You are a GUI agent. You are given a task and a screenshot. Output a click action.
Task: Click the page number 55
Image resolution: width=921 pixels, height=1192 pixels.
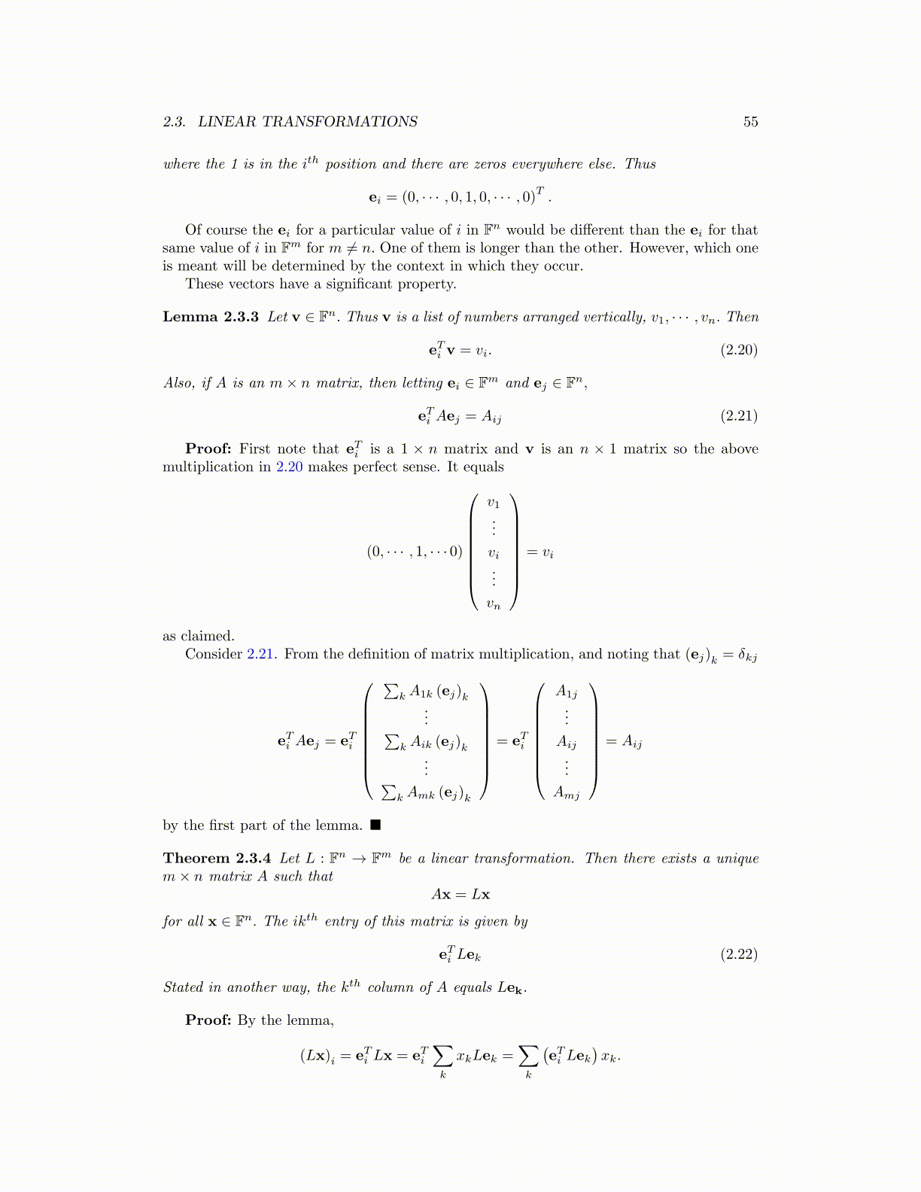click(x=750, y=122)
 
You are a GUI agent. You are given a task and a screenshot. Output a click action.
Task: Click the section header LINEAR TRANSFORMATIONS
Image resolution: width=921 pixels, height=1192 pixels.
click(x=307, y=122)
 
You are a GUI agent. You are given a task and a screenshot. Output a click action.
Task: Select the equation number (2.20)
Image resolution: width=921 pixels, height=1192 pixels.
click(x=739, y=350)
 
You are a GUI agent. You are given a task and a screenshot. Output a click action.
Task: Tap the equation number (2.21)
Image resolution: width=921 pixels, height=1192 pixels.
click(x=739, y=416)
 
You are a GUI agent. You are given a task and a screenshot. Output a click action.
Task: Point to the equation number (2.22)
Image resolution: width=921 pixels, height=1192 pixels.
click(x=739, y=955)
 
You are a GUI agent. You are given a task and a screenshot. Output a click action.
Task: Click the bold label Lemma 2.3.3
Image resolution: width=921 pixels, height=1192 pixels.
click(x=211, y=317)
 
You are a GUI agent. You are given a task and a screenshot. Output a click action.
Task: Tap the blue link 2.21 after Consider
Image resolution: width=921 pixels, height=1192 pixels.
click(x=260, y=655)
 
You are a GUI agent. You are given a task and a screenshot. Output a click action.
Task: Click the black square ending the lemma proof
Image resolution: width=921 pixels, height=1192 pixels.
click(x=375, y=826)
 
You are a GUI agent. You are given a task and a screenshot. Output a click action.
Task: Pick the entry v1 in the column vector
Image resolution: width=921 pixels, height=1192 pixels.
click(x=493, y=503)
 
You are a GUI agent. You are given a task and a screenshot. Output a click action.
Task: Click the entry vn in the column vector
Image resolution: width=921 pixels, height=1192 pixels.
click(x=493, y=604)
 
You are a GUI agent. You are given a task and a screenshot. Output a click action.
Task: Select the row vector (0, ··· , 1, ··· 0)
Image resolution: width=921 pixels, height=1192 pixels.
click(x=415, y=552)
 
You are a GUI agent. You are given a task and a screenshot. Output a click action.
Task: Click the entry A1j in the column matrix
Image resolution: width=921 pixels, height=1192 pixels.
click(x=567, y=692)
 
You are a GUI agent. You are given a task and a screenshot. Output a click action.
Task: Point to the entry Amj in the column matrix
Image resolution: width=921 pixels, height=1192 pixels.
click(x=567, y=792)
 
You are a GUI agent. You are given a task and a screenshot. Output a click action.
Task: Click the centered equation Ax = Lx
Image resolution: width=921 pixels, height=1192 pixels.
click(x=460, y=895)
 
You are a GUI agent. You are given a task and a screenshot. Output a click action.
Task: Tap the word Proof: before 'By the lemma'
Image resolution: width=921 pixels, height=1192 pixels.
click(x=208, y=1020)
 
